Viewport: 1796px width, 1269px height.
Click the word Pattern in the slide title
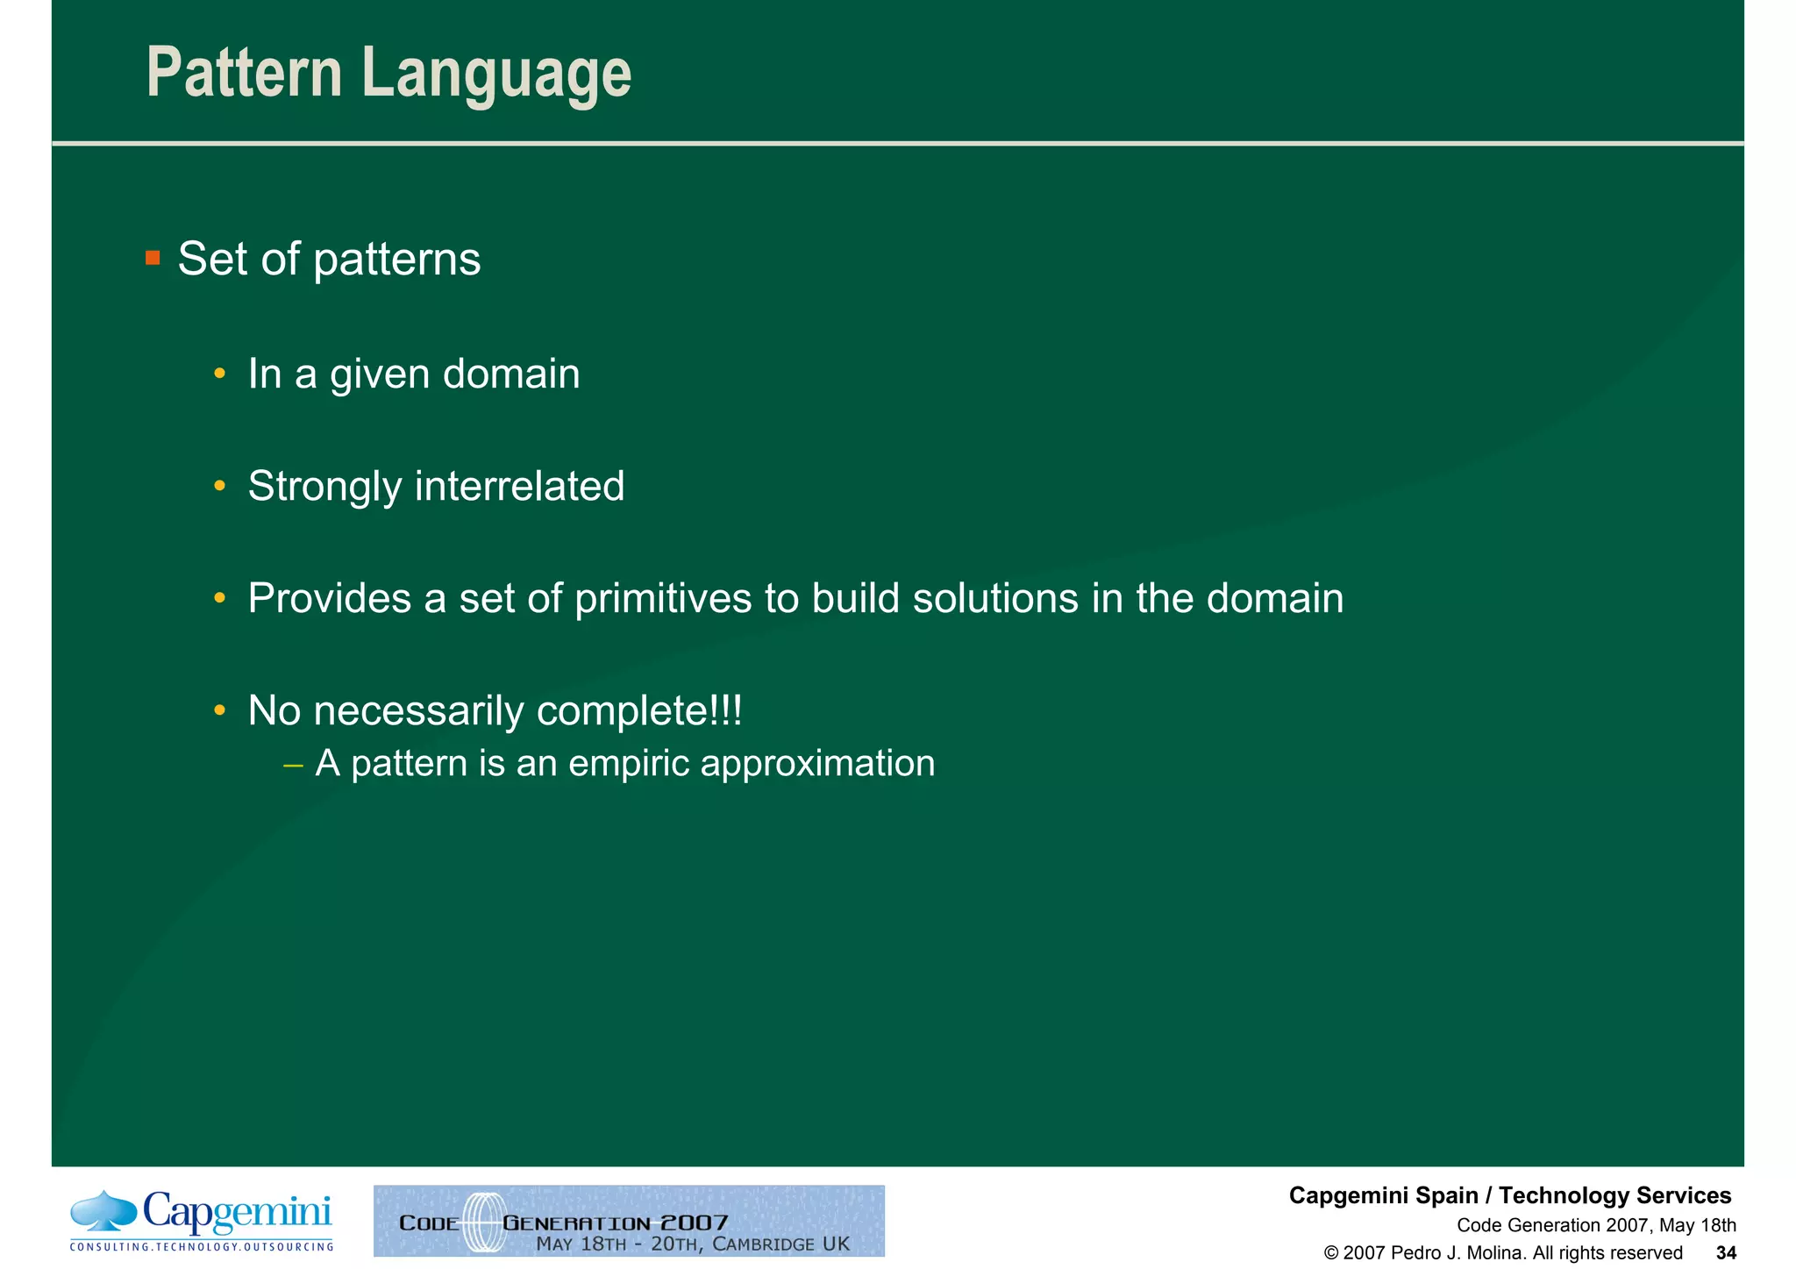[244, 74]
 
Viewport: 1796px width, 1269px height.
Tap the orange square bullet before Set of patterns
[153, 258]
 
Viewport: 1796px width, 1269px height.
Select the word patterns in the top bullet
[396, 260]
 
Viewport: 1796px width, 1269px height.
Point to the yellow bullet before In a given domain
[220, 374]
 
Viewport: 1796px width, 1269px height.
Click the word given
[380, 375]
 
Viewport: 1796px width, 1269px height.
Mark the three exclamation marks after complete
[727, 710]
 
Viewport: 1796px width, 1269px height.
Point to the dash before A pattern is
[294, 765]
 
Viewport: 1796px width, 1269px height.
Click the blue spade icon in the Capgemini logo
[103, 1210]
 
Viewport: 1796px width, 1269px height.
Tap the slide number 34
[1725, 1253]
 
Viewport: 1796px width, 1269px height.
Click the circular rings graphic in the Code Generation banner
[481, 1222]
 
